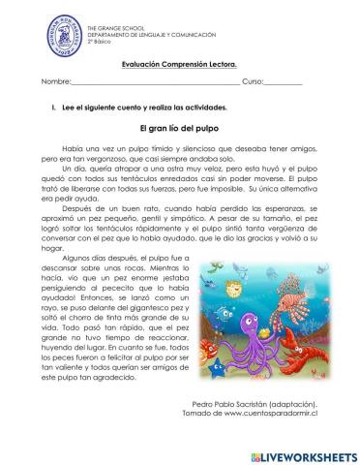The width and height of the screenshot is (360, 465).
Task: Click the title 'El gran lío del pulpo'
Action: [x=181, y=126]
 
